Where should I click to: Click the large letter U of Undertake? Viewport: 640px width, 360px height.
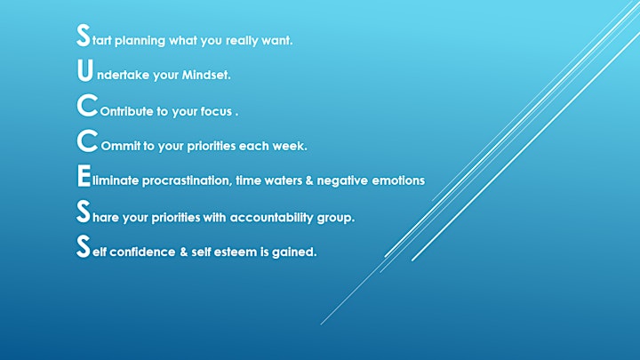pos(85,70)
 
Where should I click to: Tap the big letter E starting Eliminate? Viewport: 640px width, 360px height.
pos(84,176)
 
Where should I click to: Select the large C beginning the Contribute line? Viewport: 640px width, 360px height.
pos(87,105)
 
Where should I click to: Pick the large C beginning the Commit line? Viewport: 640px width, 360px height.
pos(87,140)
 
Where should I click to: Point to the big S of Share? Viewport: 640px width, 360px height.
pos(84,212)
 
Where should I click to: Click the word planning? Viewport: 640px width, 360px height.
pos(140,41)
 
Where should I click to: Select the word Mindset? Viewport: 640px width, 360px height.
pos(206,75)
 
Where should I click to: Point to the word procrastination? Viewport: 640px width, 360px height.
pos(187,180)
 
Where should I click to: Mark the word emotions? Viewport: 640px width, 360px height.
pos(398,180)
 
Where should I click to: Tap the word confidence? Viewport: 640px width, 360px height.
pos(142,252)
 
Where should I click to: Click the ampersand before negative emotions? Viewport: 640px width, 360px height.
pos(309,180)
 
